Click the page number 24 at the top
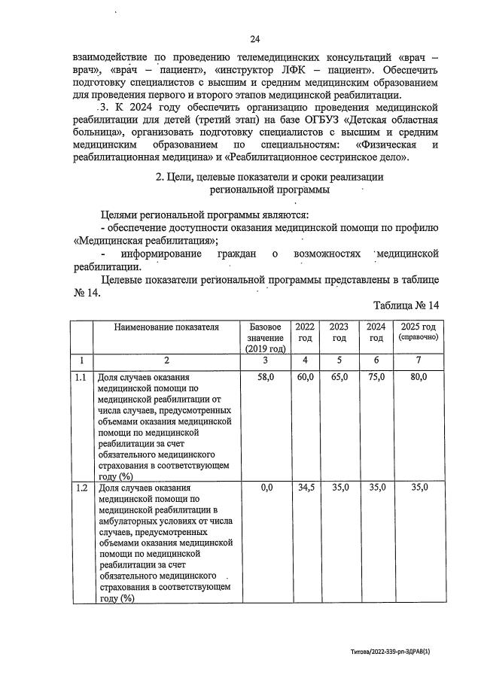[x=254, y=39]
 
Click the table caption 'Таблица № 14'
[x=405, y=306]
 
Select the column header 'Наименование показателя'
[x=166, y=327]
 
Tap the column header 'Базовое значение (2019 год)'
[x=266, y=338]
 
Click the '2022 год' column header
[x=305, y=333]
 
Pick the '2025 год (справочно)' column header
[x=418, y=332]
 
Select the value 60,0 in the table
[x=305, y=376]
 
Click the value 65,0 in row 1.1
[x=339, y=376]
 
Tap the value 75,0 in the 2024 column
[x=376, y=376]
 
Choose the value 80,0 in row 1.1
[x=418, y=376]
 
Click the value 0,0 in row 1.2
[x=266, y=488]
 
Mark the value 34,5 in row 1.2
[x=305, y=488]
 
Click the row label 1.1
[x=81, y=376]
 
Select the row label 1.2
[x=81, y=488]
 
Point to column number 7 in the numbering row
[x=418, y=360]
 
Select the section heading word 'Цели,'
[x=180, y=178]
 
